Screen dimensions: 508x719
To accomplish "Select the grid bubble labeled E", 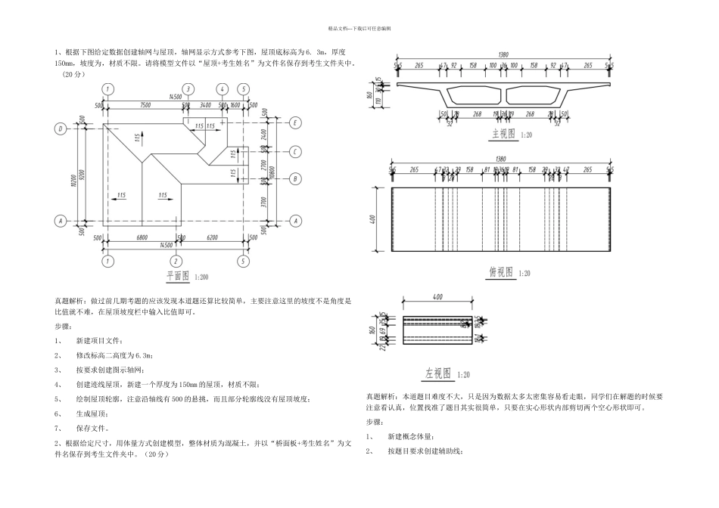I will click(x=297, y=122).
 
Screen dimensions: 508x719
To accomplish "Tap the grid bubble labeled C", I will click(x=297, y=150).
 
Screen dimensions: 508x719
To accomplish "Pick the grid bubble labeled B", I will click(x=297, y=179).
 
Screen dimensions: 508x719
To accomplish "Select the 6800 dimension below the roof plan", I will click(x=142, y=237).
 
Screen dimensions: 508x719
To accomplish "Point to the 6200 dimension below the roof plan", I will click(x=210, y=237).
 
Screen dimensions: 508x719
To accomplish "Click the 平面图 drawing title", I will click(x=176, y=277).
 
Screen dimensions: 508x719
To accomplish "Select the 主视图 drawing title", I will click(x=501, y=133).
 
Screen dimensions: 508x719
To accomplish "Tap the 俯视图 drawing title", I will click(x=500, y=272).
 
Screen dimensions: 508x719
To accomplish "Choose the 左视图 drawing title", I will click(x=437, y=373).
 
